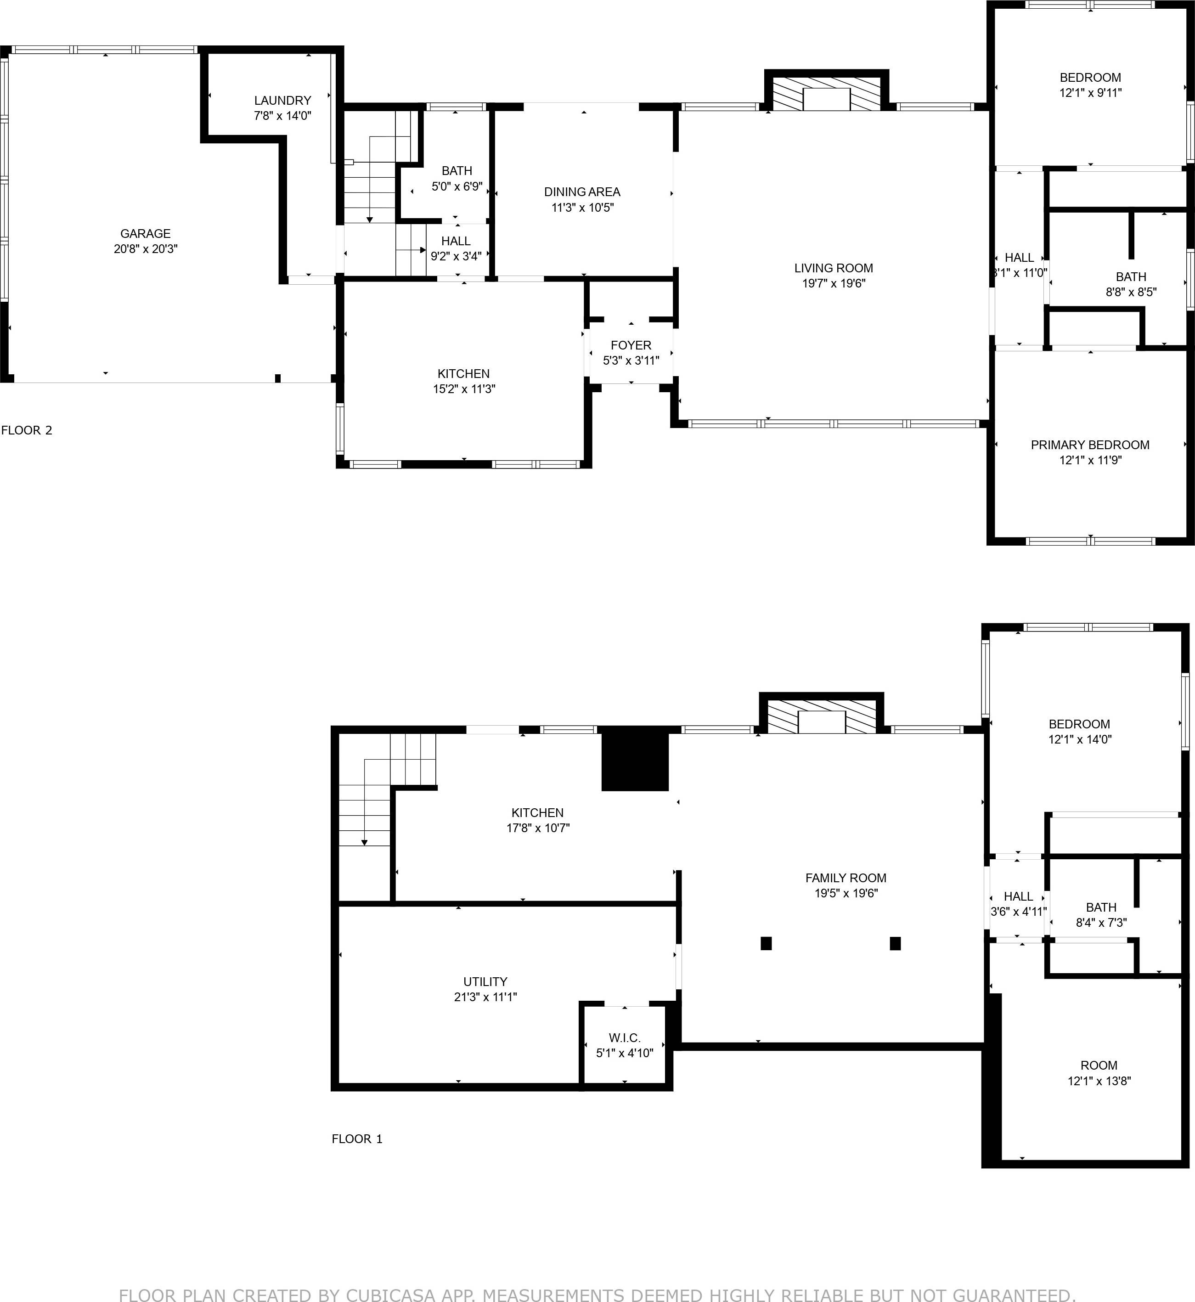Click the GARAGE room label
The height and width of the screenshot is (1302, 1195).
(146, 233)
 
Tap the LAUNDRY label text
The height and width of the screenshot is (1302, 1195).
(282, 100)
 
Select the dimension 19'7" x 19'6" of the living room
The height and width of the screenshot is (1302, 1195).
(834, 283)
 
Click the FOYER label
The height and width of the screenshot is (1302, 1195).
(631, 345)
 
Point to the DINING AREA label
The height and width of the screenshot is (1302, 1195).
(582, 192)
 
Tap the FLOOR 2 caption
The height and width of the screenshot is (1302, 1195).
(27, 430)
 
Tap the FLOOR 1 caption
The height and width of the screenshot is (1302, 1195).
(357, 1139)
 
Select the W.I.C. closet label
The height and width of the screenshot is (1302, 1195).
(624, 1037)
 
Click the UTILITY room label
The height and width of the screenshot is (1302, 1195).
(485, 981)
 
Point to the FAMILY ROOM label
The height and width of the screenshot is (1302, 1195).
(846, 878)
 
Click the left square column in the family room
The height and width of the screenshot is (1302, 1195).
(766, 943)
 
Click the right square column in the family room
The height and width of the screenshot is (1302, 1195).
(895, 943)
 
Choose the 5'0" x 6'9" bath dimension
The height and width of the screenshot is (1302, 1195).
(457, 187)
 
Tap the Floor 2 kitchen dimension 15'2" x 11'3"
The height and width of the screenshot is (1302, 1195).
(464, 389)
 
